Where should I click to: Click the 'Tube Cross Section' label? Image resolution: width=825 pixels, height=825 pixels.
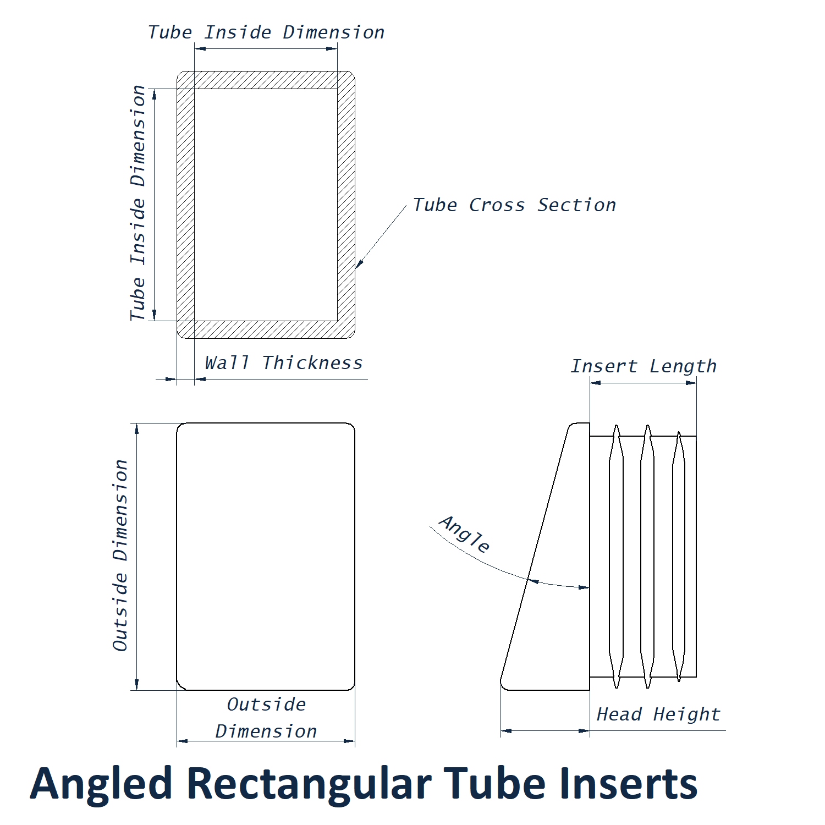coord(514,205)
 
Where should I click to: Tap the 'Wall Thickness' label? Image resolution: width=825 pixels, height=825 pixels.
coord(284,363)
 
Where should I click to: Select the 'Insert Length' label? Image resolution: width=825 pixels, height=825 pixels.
coord(643,366)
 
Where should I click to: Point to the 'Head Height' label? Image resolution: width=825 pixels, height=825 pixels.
coord(658,714)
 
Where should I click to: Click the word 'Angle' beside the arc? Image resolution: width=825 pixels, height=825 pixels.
coord(465,534)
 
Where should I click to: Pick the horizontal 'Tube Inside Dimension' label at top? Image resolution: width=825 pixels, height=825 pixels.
coord(266,32)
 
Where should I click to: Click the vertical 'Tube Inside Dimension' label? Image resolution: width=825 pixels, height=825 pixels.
coord(137,204)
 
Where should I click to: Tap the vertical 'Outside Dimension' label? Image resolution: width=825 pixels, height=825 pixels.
coord(120,555)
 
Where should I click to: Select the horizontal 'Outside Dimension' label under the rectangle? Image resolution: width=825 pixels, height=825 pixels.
coord(266,718)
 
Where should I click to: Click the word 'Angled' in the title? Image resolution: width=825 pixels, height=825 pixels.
coord(101,784)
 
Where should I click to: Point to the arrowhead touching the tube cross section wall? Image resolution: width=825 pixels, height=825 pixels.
coord(359,265)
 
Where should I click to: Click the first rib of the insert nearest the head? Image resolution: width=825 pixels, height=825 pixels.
coord(617,555)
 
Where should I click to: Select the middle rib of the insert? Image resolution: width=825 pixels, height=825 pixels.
coord(648,555)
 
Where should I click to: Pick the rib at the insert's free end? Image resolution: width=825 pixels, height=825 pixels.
coord(679,555)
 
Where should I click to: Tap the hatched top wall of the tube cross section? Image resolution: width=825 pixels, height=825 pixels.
coord(266,80)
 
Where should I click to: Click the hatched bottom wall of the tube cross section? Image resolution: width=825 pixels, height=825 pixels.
coord(266,329)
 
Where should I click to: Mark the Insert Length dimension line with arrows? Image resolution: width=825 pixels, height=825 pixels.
coord(643,383)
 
